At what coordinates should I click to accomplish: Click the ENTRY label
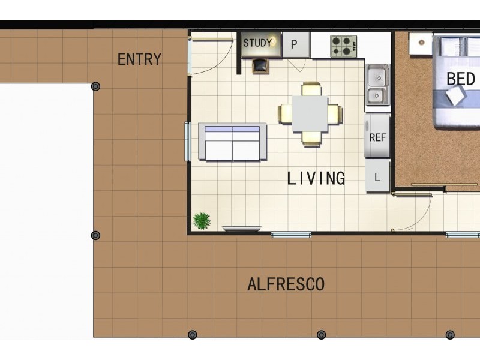pyautogui.click(x=139, y=59)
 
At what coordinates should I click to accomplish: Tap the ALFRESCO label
pyautogui.click(x=286, y=284)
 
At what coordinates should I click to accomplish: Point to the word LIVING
pyautogui.click(x=316, y=178)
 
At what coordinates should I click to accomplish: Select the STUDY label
pyautogui.click(x=257, y=43)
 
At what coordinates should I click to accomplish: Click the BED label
pyautogui.click(x=461, y=79)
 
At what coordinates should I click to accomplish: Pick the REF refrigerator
pyautogui.click(x=377, y=136)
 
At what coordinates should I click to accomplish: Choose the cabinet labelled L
pyautogui.click(x=377, y=176)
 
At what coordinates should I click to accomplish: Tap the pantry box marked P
pyautogui.click(x=296, y=44)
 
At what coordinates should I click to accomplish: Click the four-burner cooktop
pyautogui.click(x=343, y=47)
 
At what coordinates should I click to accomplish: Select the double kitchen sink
pyautogui.click(x=378, y=85)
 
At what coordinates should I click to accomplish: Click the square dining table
pyautogui.click(x=310, y=114)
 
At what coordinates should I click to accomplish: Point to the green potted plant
pyautogui.click(x=202, y=221)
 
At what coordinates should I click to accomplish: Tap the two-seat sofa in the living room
pyautogui.click(x=232, y=142)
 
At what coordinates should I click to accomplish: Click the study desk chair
pyautogui.click(x=260, y=66)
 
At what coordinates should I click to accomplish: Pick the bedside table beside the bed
pyautogui.click(x=421, y=43)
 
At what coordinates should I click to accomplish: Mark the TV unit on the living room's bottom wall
pyautogui.click(x=242, y=229)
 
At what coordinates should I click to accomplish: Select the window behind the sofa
pyautogui.click(x=187, y=141)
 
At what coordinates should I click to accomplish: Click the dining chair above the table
pyautogui.click(x=311, y=89)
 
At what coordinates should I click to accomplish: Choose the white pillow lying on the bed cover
pyautogui.click(x=456, y=95)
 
